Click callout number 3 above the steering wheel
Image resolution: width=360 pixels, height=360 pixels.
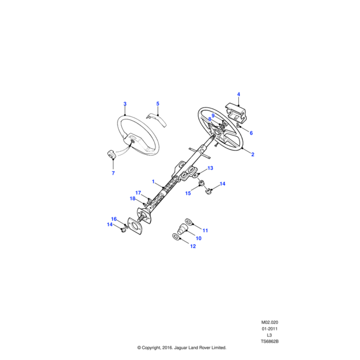[125, 104]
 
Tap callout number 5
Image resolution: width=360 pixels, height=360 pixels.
[158, 104]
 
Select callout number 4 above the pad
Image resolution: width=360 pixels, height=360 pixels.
[239, 94]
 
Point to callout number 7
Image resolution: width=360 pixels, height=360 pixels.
[113, 173]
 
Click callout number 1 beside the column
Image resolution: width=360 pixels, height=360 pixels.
[154, 182]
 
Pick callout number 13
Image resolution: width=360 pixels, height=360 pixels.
[211, 168]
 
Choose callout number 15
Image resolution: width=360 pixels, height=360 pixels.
[188, 193]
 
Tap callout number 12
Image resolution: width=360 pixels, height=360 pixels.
[193, 246]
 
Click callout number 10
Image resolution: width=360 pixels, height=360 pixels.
[199, 238]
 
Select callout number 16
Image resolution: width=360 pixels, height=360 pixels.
[114, 219]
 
